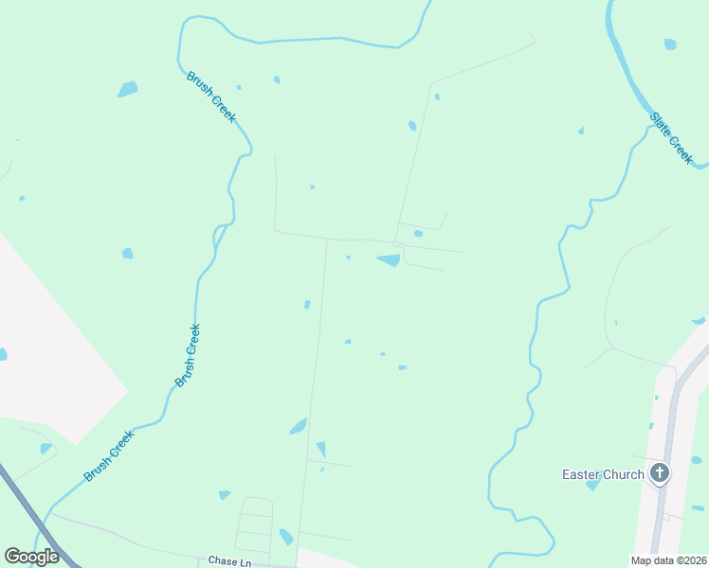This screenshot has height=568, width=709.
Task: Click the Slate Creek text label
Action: pyautogui.click(x=672, y=138)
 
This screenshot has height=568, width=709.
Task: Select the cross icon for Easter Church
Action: pyautogui.click(x=660, y=472)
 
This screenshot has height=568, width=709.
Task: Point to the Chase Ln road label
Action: pyautogui.click(x=229, y=561)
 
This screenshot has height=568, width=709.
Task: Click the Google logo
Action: pyautogui.click(x=31, y=557)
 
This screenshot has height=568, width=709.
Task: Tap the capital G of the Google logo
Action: pyautogui.click(x=11, y=557)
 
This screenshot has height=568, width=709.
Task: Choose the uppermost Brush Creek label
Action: pyautogui.click(x=211, y=97)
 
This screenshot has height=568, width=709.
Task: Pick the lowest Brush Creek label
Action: pyautogui.click(x=110, y=456)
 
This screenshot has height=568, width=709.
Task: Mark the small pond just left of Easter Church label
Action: pyautogui.click(x=592, y=486)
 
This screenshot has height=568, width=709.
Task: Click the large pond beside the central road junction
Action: pyautogui.click(x=389, y=260)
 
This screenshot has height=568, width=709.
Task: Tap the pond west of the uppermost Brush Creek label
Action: pyautogui.click(x=127, y=89)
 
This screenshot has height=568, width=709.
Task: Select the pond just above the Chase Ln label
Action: pyautogui.click(x=286, y=538)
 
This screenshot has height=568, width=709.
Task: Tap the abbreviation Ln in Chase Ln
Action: pyautogui.click(x=244, y=561)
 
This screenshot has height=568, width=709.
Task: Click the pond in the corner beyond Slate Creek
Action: pyautogui.click(x=671, y=44)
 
